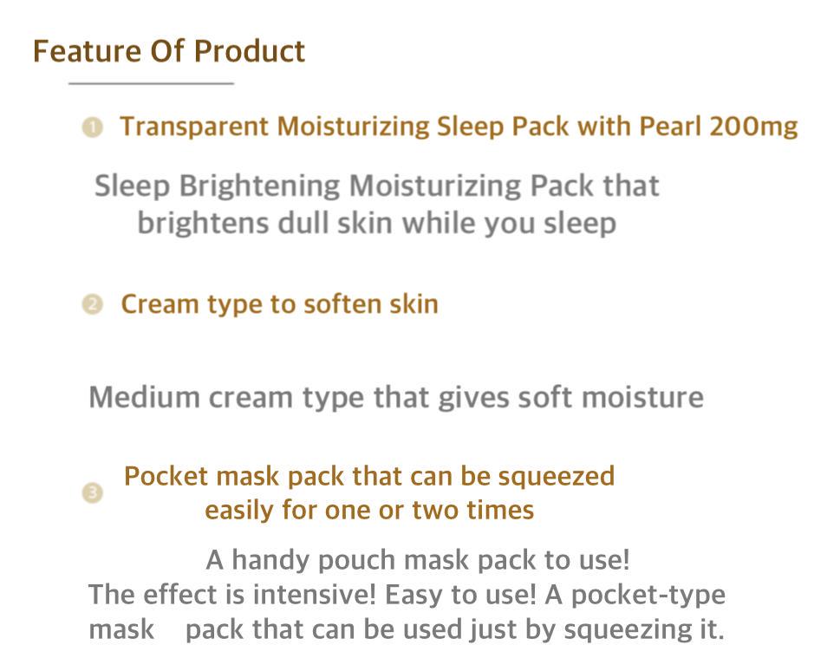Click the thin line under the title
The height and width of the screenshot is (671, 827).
(x=151, y=83)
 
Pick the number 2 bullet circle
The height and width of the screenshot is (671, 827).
(x=92, y=305)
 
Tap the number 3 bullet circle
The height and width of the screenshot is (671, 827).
(x=92, y=493)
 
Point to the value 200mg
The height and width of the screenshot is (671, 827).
(x=752, y=127)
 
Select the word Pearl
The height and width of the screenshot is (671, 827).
(x=669, y=127)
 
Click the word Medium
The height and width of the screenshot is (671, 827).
(x=144, y=398)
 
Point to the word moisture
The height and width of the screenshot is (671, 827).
(x=641, y=398)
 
